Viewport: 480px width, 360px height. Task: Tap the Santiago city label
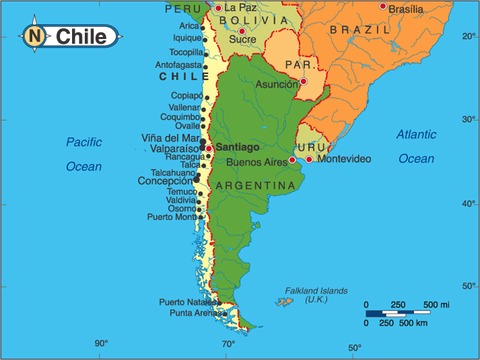point(237,147)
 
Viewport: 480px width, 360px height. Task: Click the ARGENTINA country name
point(255,186)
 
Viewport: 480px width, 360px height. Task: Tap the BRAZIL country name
point(366,30)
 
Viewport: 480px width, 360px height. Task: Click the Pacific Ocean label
point(84,153)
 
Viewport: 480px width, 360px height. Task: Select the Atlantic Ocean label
point(416,146)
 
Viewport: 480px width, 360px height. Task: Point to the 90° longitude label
point(101,343)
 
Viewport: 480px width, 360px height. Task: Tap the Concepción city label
point(165,181)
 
